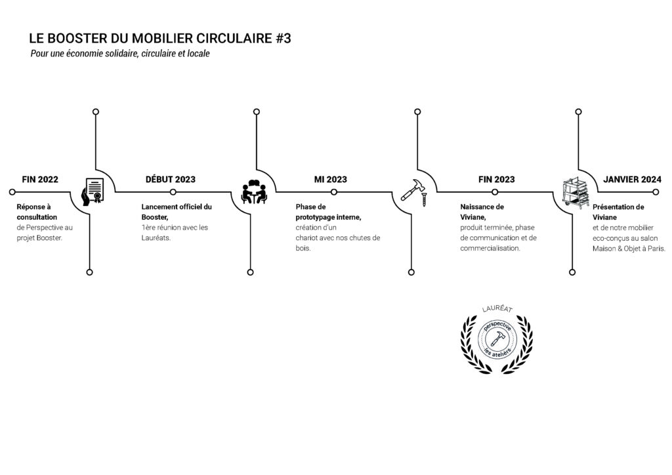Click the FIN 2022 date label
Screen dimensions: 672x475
40,180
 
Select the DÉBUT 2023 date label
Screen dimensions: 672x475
170,180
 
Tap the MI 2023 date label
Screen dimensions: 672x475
331,180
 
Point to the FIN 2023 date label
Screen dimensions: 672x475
496,180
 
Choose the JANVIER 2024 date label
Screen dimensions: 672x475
632,180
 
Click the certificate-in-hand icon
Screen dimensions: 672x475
93,192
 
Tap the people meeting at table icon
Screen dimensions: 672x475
254,192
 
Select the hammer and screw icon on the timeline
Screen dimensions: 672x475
414,192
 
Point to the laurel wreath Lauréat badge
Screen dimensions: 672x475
497,339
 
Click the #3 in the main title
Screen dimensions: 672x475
283,39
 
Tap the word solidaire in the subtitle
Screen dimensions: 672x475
121,54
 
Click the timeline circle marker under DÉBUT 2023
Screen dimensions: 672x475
173,192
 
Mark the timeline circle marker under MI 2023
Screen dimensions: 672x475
334,192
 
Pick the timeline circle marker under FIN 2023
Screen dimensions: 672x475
495,192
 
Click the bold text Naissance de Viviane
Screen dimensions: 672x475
482,212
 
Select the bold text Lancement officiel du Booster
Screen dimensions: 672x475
177,212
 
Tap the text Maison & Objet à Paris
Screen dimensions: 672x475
629,249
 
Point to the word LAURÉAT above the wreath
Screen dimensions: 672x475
497,309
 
